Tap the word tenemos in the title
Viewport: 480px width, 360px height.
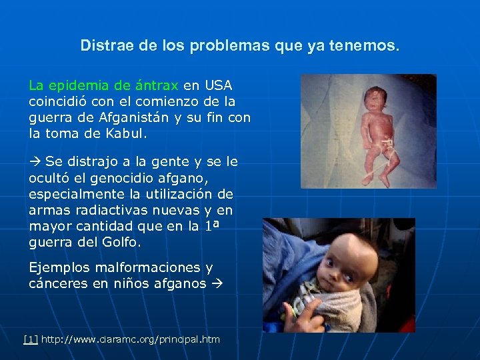pos(370,46)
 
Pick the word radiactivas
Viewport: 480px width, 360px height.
pos(108,210)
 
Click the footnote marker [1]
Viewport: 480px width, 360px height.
pos(31,339)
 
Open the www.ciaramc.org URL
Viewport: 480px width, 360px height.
pos(130,339)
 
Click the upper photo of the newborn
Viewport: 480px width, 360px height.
pos(368,131)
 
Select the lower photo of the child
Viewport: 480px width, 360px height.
pos(320,275)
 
